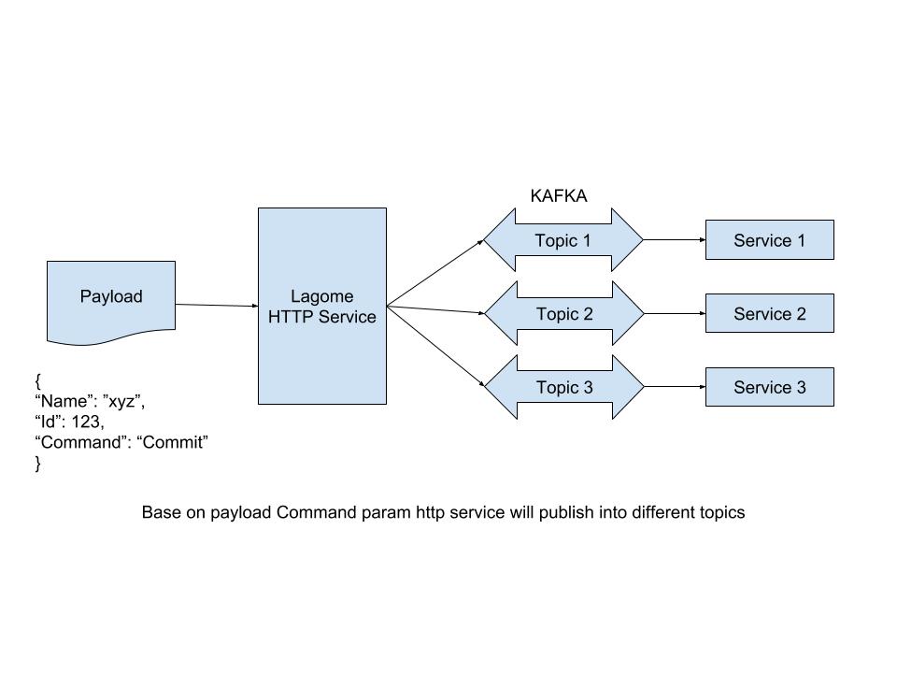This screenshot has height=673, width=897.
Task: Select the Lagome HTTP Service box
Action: coord(321,307)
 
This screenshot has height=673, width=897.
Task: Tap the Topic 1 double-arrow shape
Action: coord(562,241)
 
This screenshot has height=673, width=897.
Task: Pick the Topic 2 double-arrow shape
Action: coord(563,314)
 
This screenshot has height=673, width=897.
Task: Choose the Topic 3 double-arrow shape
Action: coord(563,387)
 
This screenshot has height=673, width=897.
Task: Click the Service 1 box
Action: coord(769,241)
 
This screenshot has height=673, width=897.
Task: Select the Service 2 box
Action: coord(769,314)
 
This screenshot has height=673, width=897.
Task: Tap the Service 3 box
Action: coord(769,387)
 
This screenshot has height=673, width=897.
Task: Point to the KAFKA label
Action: coord(559,196)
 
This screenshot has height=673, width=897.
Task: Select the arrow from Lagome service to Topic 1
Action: coord(434,273)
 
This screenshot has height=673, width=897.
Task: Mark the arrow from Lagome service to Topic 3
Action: coord(434,345)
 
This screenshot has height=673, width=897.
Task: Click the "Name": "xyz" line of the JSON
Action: coord(90,401)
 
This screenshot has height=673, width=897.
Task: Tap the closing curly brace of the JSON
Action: coord(38,463)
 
